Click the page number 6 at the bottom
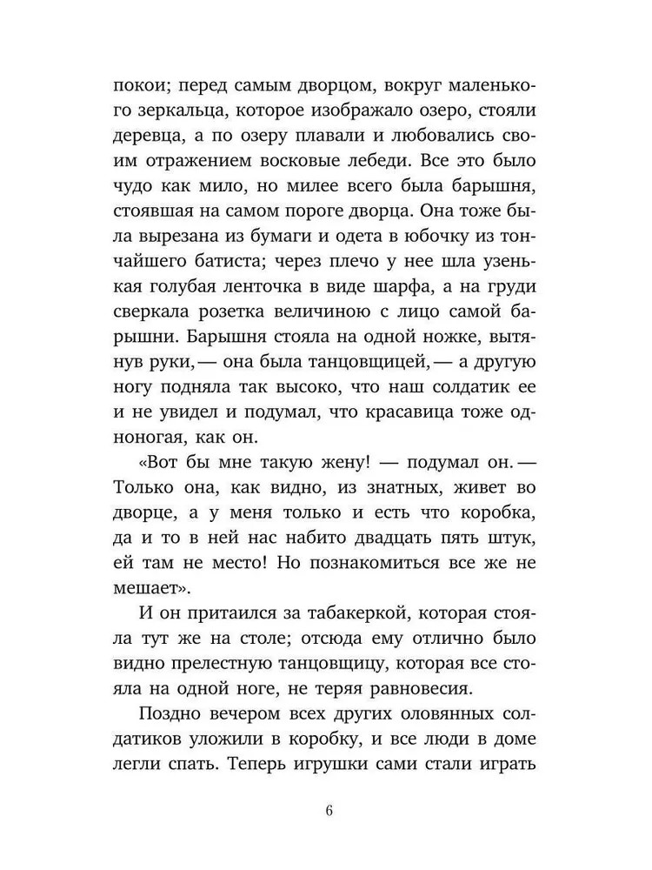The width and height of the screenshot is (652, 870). [x=328, y=812]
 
